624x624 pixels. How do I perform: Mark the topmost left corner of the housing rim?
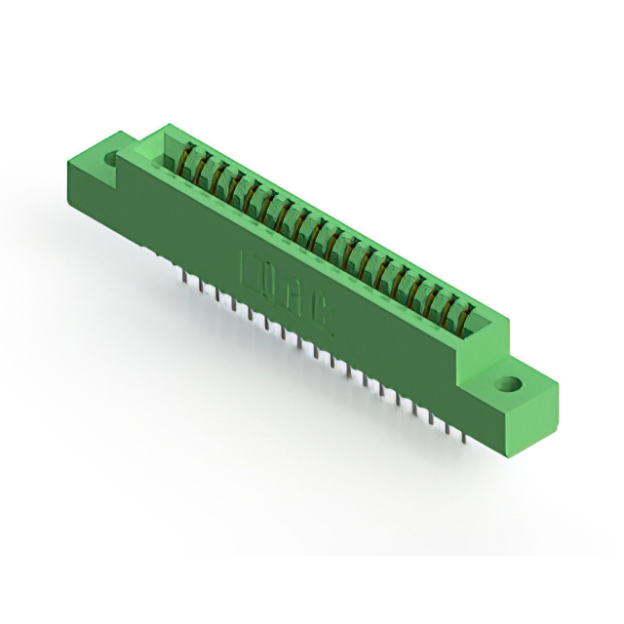(x=168, y=124)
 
